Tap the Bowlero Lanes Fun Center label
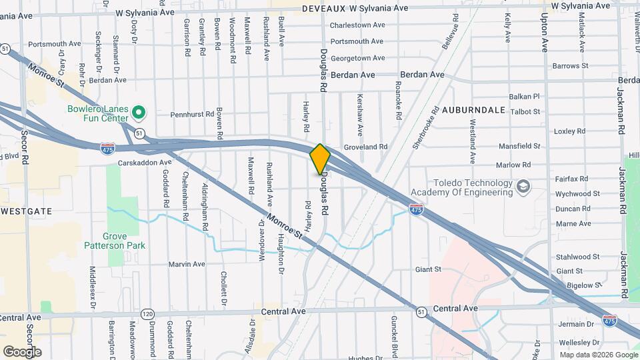tap(97, 114)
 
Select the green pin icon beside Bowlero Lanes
tap(139, 111)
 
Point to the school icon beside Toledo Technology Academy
tap(524, 186)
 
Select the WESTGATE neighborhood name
tap(26, 211)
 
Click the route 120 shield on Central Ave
tap(148, 313)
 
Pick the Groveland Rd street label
tap(365, 147)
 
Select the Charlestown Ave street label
tap(358, 25)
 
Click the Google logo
tap(22, 351)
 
